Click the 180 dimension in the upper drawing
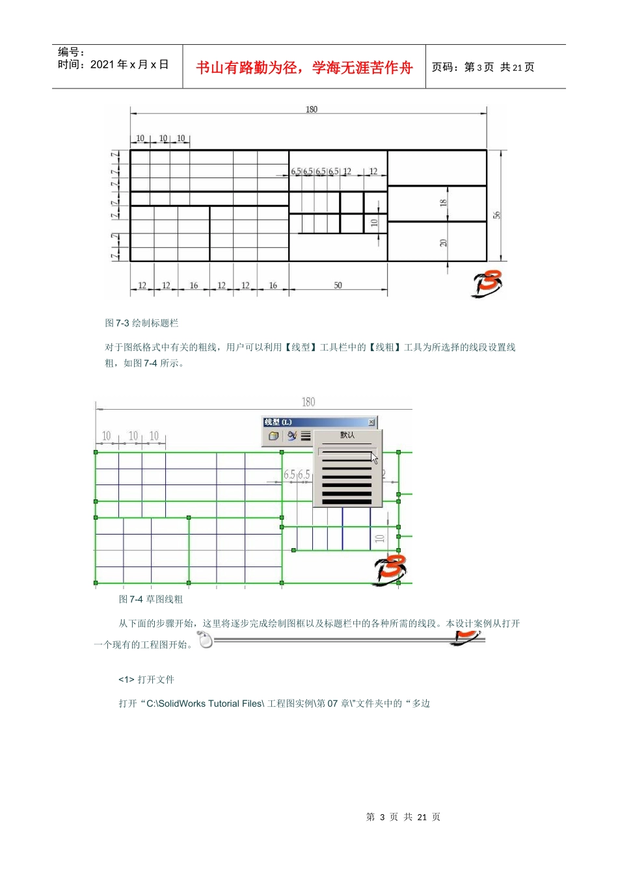[x=312, y=109]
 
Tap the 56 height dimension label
[x=496, y=215]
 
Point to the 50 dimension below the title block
[x=338, y=285]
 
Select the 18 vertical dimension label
[x=443, y=203]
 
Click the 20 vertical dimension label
[x=443, y=243]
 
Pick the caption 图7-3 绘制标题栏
[x=142, y=323]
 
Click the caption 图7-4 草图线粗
[x=151, y=600]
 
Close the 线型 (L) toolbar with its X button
[x=371, y=423]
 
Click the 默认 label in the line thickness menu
[x=347, y=435]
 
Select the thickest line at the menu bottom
[x=347, y=501]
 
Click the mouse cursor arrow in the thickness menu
[x=374, y=458]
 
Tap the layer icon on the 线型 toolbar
[x=273, y=436]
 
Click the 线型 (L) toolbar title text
[x=278, y=423]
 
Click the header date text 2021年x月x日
[x=129, y=64]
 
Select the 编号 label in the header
[x=71, y=52]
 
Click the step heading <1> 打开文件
[x=146, y=680]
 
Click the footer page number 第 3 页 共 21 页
[x=403, y=817]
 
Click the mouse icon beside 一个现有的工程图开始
[x=206, y=641]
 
